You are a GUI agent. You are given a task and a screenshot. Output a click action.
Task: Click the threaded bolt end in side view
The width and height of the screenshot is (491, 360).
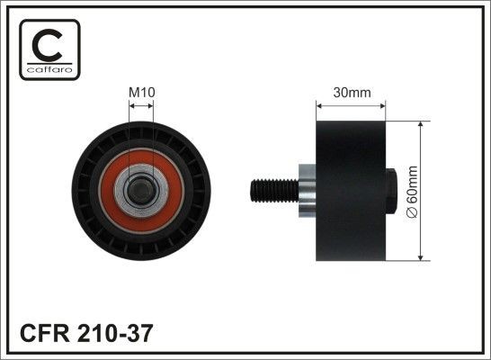(x=271, y=191)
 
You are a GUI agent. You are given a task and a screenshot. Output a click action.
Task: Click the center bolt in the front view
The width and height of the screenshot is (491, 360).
(x=141, y=191)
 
